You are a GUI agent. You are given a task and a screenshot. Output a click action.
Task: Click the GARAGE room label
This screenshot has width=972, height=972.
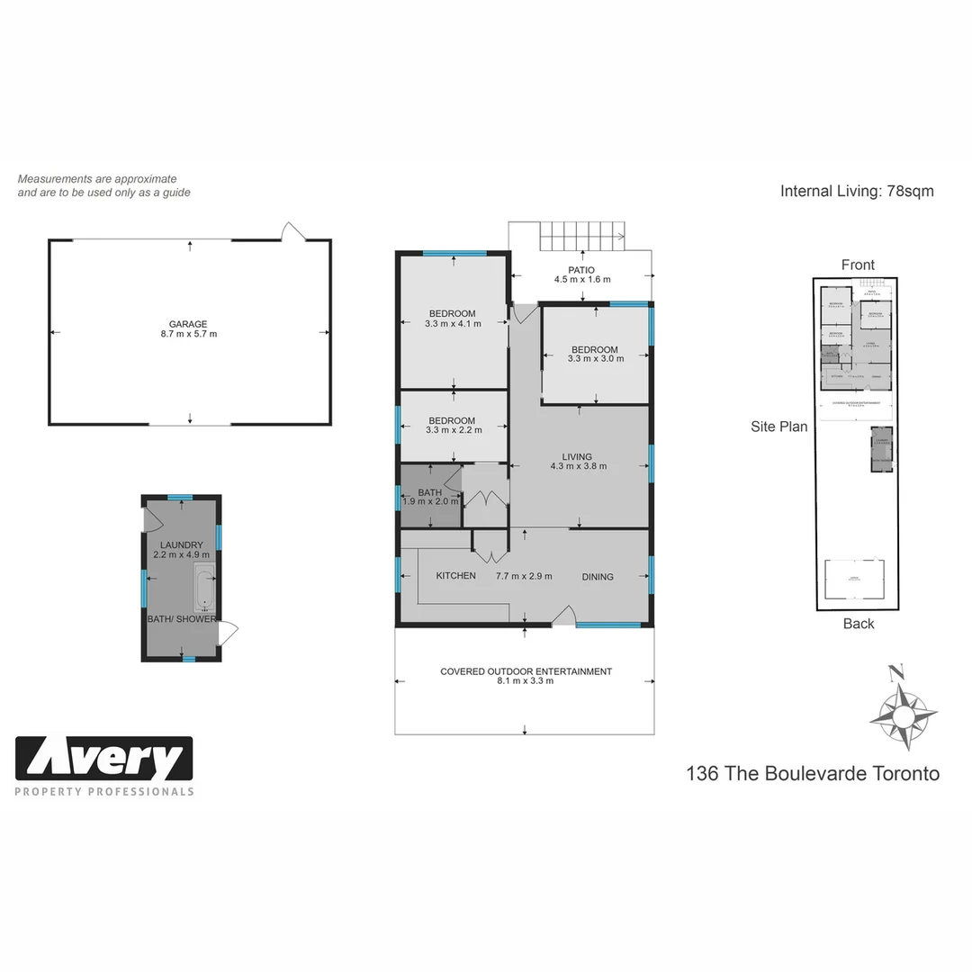point(188,324)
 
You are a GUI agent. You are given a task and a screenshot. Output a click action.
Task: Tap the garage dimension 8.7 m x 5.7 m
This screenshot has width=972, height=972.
point(188,334)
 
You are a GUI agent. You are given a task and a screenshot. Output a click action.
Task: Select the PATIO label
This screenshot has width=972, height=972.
point(581,269)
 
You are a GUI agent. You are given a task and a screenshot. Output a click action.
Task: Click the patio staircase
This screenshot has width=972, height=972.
point(580,237)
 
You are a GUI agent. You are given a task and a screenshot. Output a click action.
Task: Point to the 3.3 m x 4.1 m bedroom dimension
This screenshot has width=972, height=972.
point(453,324)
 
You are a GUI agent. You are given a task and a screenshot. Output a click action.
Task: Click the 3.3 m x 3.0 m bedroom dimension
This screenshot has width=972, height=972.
point(595,359)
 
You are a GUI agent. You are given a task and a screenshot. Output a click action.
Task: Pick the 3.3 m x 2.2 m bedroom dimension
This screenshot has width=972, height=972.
point(453,430)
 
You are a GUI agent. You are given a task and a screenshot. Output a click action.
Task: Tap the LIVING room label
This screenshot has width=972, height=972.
point(578,456)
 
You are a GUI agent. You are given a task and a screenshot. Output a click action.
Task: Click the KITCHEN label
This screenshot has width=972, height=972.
point(455,576)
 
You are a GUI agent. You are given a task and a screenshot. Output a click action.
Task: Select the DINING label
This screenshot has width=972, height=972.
point(598,577)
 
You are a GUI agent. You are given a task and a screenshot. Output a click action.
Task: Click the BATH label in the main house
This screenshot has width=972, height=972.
point(430,492)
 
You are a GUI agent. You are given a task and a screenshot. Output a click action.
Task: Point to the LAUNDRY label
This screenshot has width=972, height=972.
point(182,544)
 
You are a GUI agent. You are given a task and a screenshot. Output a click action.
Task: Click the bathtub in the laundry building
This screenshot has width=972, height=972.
point(204,589)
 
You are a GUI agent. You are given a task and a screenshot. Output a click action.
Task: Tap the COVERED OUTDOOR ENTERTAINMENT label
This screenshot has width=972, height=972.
point(526,671)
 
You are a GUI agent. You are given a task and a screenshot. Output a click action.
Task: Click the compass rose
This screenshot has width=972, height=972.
point(903,715)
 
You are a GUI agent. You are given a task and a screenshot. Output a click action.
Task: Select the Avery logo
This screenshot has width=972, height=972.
point(104,760)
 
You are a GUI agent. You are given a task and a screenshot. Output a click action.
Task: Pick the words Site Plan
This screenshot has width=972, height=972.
point(778,427)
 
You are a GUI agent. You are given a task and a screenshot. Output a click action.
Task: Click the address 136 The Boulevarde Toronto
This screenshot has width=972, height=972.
point(812,773)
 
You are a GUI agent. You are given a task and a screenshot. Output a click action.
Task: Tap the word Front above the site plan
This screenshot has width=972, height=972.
point(858,265)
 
